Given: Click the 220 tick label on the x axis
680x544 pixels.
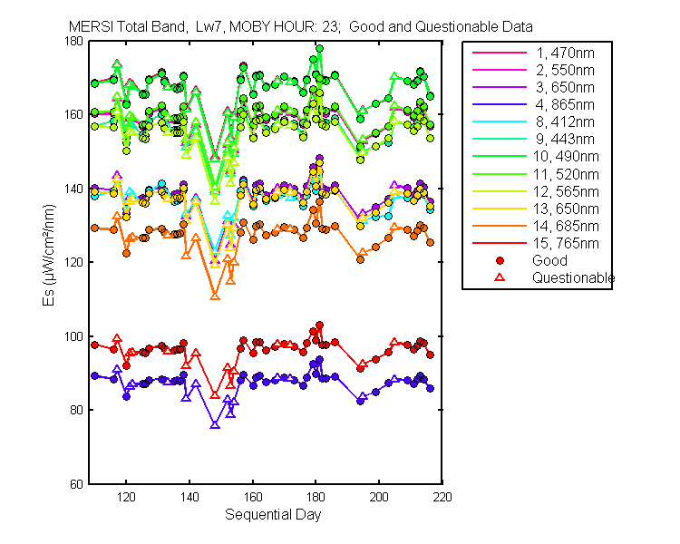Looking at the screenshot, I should point(443,497).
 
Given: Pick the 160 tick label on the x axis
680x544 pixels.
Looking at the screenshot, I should point(253,497).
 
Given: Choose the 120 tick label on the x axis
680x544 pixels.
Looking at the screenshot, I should point(127,497).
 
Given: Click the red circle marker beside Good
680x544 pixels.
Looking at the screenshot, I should point(499,260).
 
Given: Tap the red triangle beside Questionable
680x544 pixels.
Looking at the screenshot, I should point(499,277).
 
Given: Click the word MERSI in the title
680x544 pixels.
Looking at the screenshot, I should point(88,27).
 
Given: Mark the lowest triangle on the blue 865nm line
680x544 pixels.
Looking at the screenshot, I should point(215,424).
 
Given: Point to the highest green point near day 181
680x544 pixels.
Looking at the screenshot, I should point(319,49).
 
